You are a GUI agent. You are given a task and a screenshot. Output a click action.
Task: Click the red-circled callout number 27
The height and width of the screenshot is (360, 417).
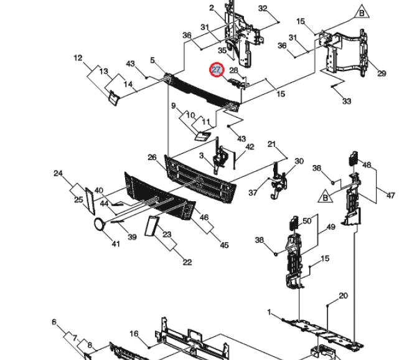click(x=217, y=70)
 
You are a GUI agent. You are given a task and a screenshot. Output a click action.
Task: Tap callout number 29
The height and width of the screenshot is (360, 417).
click(x=382, y=73)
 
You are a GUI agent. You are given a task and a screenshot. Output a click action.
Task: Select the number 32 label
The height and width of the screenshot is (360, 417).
click(x=263, y=9)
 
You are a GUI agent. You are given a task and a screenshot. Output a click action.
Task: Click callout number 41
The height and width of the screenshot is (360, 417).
click(x=116, y=244)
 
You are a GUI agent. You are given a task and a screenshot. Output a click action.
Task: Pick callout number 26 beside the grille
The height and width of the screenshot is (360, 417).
click(x=152, y=158)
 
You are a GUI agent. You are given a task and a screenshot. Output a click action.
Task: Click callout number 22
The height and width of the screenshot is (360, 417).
click(x=187, y=262)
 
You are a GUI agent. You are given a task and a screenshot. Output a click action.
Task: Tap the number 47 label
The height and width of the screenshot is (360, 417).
click(x=390, y=196)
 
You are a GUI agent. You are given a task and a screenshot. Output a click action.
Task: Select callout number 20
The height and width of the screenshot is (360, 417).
click(x=343, y=296)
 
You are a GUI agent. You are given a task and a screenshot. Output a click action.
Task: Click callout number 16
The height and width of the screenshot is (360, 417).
click(x=134, y=333)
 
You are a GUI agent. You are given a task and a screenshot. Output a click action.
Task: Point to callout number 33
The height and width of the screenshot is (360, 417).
click(x=347, y=101)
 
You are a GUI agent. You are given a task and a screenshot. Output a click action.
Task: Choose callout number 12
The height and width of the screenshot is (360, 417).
click(x=78, y=58)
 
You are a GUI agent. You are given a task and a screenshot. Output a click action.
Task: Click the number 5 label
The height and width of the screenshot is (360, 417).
click(x=152, y=60)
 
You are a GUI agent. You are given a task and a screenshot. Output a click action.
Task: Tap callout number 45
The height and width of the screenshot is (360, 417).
click(x=224, y=245)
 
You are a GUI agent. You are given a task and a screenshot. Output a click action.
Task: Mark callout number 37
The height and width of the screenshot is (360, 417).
click(x=253, y=192)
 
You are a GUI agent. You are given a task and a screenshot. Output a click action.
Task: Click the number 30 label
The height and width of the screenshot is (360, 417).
click(x=299, y=161)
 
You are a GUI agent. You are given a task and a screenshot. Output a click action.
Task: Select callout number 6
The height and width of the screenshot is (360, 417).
click(x=54, y=322)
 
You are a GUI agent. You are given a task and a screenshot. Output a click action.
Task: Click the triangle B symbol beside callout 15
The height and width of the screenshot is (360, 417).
click(x=362, y=12)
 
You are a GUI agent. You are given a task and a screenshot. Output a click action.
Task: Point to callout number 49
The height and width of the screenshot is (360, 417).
click(x=330, y=227)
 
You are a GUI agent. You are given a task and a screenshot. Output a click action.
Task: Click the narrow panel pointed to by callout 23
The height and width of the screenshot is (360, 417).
click(x=152, y=226)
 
